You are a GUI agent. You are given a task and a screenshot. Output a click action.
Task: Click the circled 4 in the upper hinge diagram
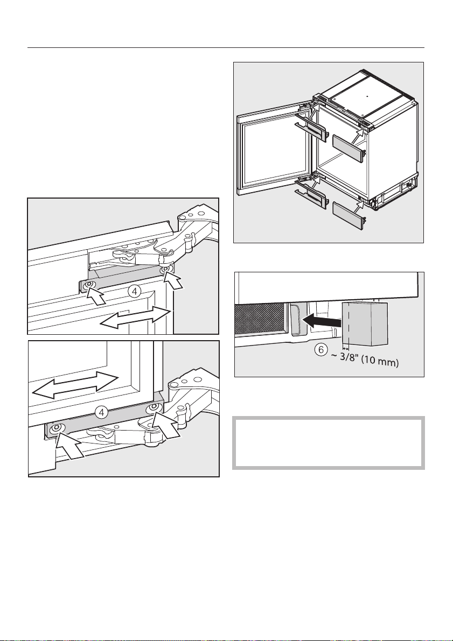coord(134,292)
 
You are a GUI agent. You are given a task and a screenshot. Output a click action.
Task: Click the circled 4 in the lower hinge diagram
coord(102,413)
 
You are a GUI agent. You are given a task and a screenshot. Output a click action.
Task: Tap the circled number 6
coord(322,350)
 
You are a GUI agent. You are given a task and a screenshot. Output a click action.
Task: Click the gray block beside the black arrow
coord(364,324)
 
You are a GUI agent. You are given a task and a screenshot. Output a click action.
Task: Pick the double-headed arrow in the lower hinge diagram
coord(75,385)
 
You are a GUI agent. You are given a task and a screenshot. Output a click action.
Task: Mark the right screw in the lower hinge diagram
coord(155,407)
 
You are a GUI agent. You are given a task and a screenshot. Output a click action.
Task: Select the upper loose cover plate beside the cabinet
coord(348,148)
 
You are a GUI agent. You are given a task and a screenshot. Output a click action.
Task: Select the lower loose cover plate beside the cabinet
coord(349,215)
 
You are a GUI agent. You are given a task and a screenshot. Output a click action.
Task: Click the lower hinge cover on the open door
coord(311,195)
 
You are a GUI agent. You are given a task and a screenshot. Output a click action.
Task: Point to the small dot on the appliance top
coord(367,96)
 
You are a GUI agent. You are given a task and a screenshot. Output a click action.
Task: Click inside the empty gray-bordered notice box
coord(328,443)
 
